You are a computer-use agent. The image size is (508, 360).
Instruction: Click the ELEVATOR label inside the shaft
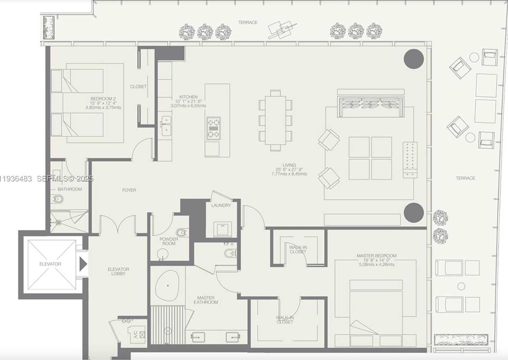tap(50, 264)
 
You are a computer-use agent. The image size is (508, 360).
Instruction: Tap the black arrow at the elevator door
tap(83, 264)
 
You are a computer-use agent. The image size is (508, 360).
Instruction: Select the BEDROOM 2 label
tap(103, 99)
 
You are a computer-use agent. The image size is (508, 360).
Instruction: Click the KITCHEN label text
tap(188, 97)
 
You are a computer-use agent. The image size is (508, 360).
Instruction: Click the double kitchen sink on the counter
tap(166, 125)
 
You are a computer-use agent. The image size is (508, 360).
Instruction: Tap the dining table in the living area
tap(276, 120)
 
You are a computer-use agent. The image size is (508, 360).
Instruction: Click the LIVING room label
tap(289, 165)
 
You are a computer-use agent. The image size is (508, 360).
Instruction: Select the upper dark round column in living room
tap(414, 59)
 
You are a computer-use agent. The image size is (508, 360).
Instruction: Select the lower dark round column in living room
tap(414, 213)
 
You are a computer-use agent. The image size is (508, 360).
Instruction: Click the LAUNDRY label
tap(221, 205)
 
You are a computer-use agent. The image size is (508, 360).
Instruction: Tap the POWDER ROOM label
tap(168, 241)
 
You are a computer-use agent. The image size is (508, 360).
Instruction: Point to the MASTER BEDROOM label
tap(376, 256)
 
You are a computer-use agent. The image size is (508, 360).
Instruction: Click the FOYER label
tap(129, 190)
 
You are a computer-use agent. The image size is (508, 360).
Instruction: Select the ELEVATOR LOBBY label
tap(118, 271)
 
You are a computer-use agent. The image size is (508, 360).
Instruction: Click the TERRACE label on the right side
tap(465, 178)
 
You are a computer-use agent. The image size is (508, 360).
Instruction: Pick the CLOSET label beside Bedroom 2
tap(138, 86)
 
